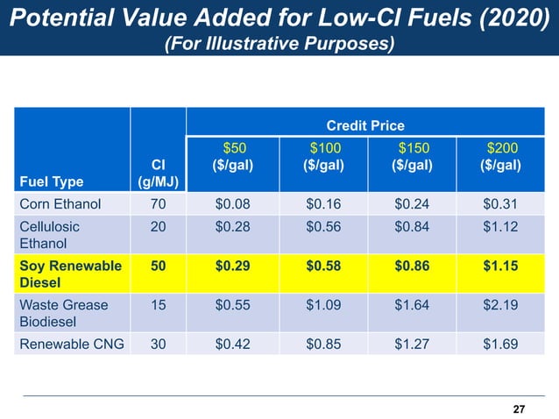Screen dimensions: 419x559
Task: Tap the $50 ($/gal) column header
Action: tap(233, 156)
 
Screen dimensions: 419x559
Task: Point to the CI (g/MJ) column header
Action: tap(158, 173)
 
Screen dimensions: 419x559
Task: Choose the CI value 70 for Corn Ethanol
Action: tap(158, 204)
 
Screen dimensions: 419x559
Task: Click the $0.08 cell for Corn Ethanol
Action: tap(233, 204)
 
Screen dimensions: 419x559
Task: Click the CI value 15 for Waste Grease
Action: tap(158, 305)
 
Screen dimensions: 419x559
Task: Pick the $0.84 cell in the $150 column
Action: tap(414, 227)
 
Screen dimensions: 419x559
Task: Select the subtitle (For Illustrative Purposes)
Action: tap(279, 43)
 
